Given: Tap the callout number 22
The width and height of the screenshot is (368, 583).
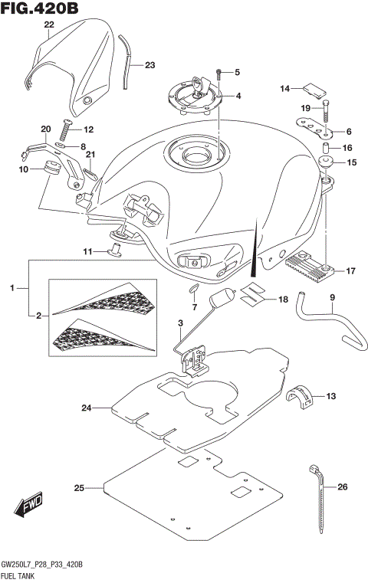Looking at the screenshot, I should pos(49,25).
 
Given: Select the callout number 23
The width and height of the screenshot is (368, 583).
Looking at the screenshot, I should pos(149,64).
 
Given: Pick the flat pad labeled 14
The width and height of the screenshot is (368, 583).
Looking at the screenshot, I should pos(312,89).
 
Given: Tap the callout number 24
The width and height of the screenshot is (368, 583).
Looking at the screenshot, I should pos(84,408).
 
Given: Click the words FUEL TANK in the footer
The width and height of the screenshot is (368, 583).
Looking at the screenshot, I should pos(21,574).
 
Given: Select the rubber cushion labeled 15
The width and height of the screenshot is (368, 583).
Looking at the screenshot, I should pos(325,162).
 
